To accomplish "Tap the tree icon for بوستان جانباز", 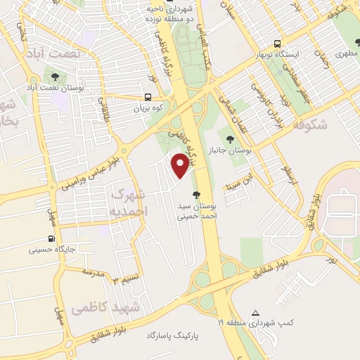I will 231,139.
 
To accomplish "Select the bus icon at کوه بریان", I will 148,98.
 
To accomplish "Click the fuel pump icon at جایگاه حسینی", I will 51,239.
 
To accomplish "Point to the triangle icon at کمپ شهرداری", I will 255,312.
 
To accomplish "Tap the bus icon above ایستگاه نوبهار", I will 278,42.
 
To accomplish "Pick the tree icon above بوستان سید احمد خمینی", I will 195,193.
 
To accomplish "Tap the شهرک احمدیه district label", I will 128,201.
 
